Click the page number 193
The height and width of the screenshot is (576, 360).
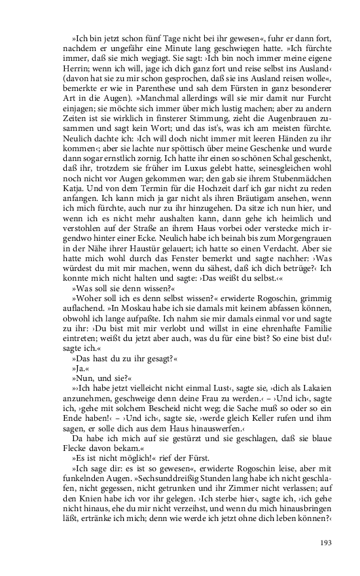click(x=327, y=543)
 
